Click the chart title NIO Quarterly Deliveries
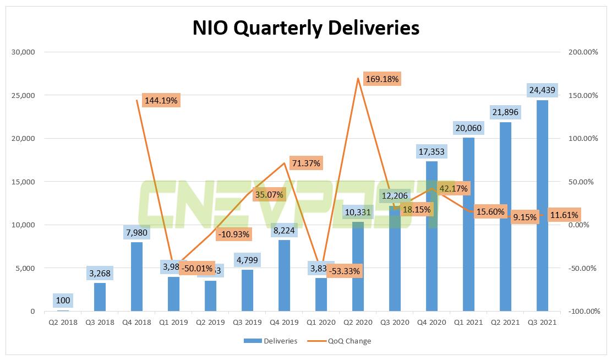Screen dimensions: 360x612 click(306, 28)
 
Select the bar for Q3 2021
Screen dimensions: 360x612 click(542, 209)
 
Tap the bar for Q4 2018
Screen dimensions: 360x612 click(136, 278)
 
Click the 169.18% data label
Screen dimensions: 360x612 click(381, 79)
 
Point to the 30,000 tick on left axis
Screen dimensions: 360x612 click(23, 52)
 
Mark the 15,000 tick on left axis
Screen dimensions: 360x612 click(23, 182)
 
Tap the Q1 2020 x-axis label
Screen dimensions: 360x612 click(321, 323)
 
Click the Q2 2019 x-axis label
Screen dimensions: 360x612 click(210, 323)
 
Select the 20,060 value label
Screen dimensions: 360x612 click(468, 128)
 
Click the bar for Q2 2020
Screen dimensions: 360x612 click(358, 270)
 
